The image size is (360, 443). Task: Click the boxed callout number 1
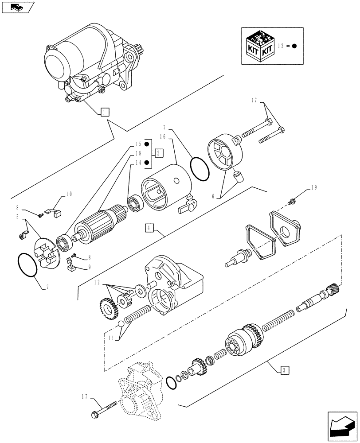[x=103, y=112]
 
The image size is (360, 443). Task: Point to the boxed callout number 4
[x=149, y=228]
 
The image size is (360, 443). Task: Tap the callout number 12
[x=97, y=282]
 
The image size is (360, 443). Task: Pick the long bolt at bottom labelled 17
[x=105, y=408]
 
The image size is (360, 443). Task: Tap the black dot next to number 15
[x=147, y=144]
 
